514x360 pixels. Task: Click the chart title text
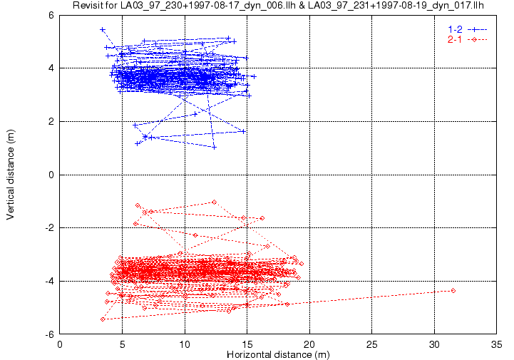point(278,5)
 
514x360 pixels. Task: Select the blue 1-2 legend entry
point(468,29)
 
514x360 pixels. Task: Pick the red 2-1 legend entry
point(468,40)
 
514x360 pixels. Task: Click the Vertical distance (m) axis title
point(11,175)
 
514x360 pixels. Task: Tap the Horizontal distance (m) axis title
point(278,354)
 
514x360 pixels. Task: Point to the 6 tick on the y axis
point(51,15)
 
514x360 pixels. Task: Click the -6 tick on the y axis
point(50,334)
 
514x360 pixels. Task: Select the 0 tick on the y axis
point(51,175)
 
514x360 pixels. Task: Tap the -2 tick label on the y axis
point(50,228)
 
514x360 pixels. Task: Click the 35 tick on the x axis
point(496,344)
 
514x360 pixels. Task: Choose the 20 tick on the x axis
point(309,344)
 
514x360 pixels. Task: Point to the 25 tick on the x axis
point(371,344)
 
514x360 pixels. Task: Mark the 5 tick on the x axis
point(123,344)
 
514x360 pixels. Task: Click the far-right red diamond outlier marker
point(453,290)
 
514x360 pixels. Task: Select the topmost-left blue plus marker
point(103,30)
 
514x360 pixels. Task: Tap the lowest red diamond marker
point(103,319)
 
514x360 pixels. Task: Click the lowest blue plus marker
point(214,148)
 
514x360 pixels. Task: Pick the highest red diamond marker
point(214,202)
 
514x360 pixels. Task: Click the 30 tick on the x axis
point(434,344)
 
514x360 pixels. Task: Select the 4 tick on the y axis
point(51,68)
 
